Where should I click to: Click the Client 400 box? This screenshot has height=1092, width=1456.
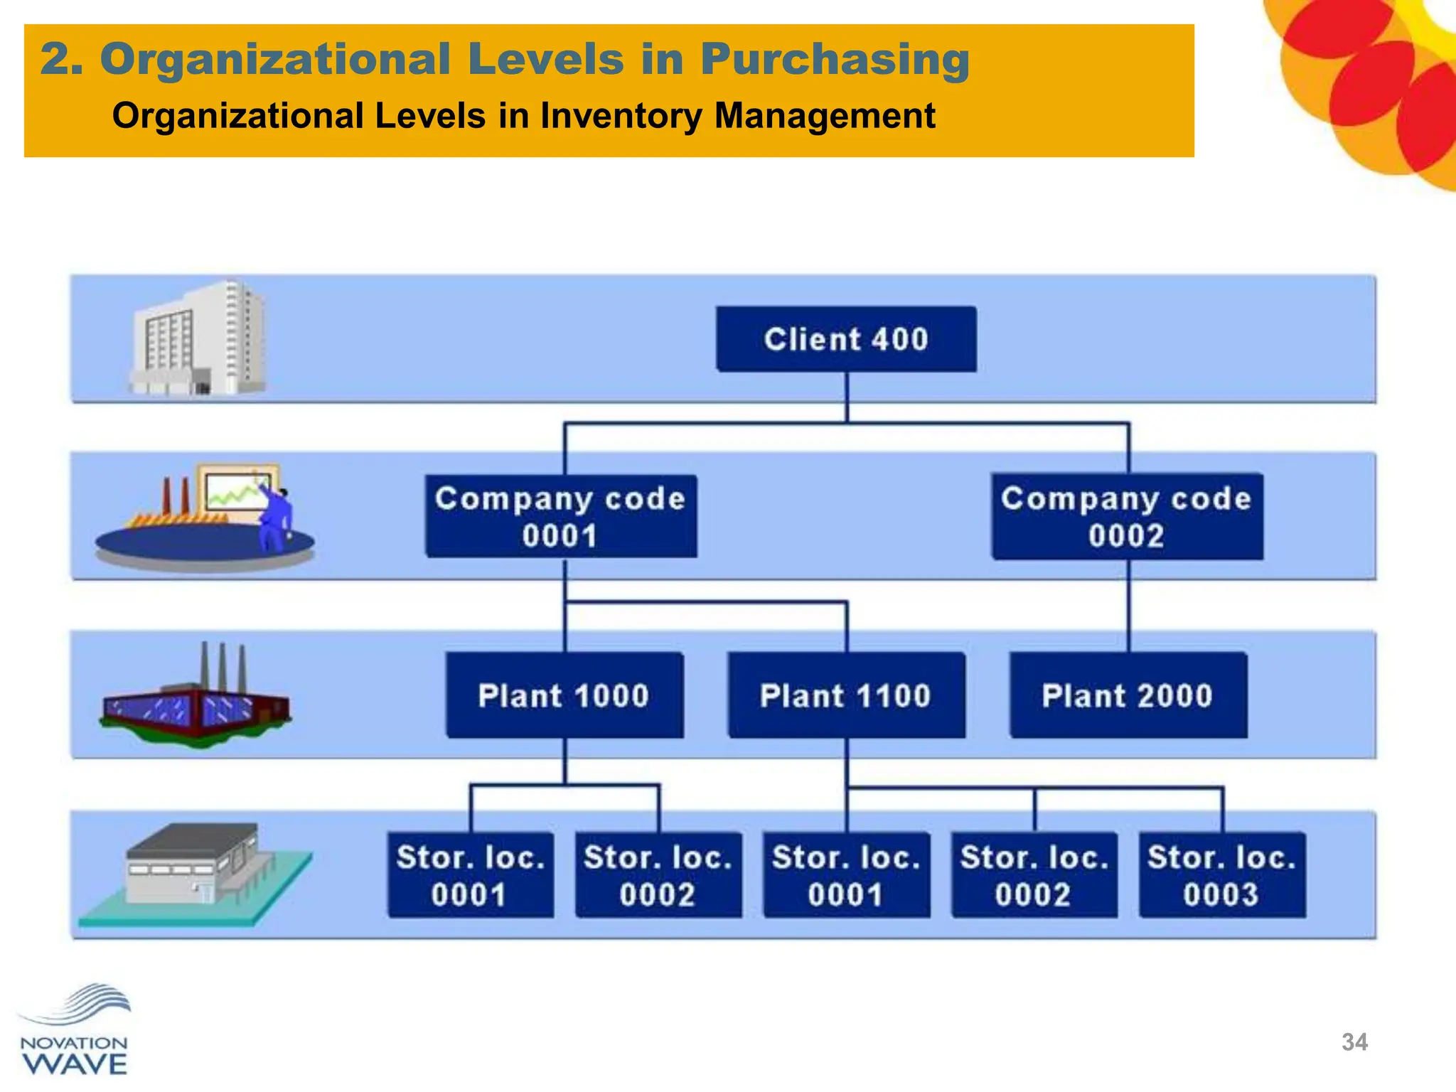[846, 339]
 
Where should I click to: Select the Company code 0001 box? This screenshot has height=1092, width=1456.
[561, 516]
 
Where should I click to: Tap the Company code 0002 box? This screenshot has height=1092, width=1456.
[1127, 516]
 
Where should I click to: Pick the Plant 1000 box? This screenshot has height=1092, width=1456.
[564, 695]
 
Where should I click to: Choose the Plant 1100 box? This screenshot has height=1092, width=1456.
[846, 695]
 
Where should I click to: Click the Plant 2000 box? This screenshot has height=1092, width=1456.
[1128, 695]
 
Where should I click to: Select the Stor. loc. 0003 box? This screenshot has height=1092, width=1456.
[1221, 875]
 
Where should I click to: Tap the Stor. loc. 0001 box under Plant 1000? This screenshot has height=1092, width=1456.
[470, 875]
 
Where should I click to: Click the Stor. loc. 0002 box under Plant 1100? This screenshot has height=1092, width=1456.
[1034, 875]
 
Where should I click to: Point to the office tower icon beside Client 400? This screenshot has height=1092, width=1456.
[198, 338]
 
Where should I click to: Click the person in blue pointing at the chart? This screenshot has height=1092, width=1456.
[275, 518]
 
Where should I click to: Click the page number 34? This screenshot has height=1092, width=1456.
[1354, 1042]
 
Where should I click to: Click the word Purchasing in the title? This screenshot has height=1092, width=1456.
[835, 60]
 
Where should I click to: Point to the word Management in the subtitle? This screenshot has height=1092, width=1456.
[825, 116]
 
